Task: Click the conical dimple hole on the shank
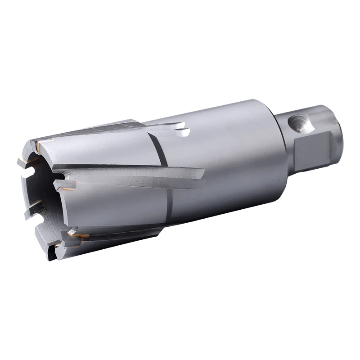297,122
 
